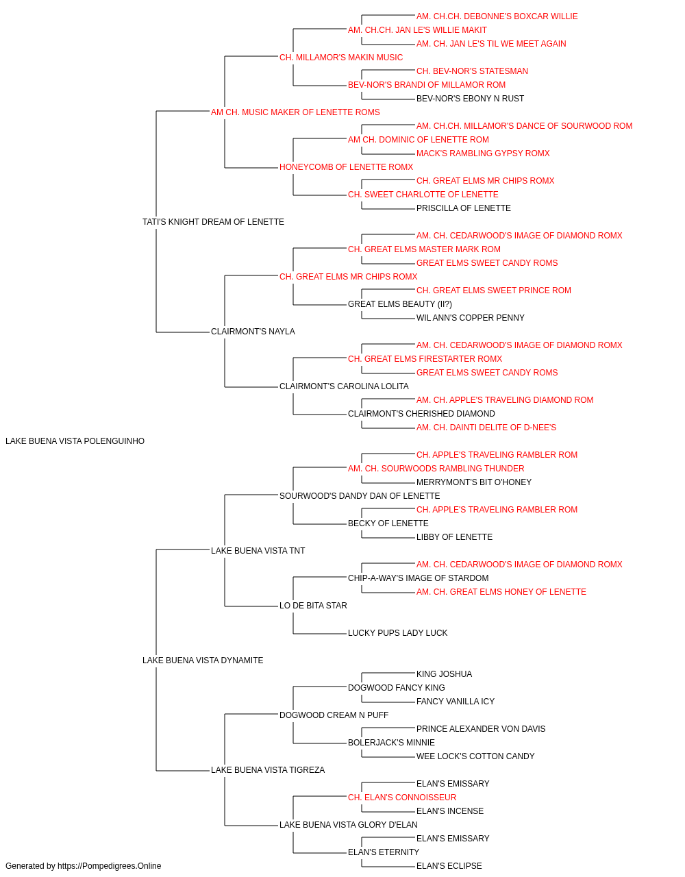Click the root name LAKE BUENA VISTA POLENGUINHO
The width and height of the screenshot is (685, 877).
click(x=75, y=441)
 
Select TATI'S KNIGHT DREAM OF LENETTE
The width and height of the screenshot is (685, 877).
click(x=213, y=222)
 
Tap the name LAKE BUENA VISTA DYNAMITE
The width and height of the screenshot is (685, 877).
click(x=203, y=660)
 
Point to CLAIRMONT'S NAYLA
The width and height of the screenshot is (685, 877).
click(x=253, y=332)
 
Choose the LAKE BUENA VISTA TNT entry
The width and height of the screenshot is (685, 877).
click(x=258, y=550)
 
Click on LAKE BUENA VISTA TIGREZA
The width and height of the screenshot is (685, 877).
click(x=268, y=769)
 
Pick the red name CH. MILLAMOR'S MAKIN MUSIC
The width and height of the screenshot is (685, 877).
click(x=341, y=58)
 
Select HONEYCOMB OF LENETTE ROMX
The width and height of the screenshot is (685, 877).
click(x=346, y=167)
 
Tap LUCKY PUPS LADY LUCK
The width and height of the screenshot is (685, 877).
click(x=397, y=633)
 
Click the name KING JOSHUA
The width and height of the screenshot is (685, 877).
click(x=444, y=674)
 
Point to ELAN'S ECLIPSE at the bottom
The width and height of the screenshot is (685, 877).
click(x=449, y=866)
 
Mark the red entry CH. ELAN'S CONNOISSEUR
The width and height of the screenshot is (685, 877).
click(x=402, y=797)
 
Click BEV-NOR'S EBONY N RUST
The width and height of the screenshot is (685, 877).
click(x=470, y=99)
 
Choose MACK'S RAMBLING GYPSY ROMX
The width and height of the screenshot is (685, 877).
click(x=483, y=153)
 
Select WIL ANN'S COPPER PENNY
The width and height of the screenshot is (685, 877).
click(x=471, y=318)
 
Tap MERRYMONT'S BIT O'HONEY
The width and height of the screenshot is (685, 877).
click(x=474, y=482)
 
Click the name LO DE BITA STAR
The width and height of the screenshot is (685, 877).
click(x=313, y=606)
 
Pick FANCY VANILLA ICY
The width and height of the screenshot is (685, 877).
click(x=456, y=702)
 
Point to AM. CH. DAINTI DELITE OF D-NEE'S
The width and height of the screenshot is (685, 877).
click(x=486, y=428)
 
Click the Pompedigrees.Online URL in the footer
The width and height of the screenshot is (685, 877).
click(x=110, y=866)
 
